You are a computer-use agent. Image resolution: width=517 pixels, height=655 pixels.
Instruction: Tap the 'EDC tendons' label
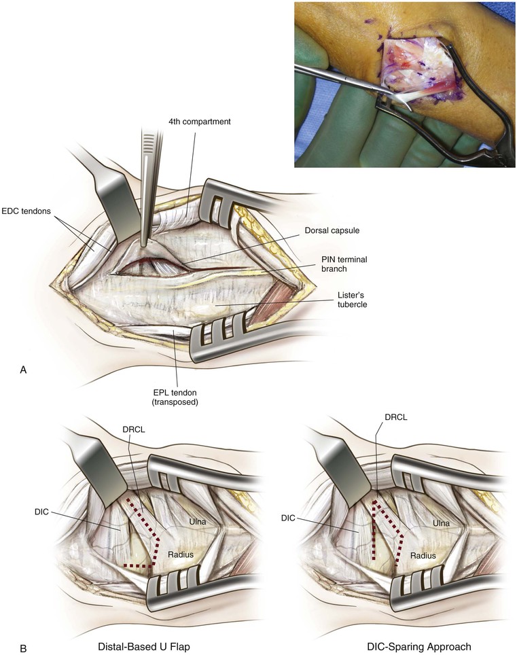26,211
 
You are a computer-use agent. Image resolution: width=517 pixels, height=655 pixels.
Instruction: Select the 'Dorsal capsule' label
332,230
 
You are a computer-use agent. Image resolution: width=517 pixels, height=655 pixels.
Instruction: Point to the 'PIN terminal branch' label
344,264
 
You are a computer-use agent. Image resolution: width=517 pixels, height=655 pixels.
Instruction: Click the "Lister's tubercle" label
353,300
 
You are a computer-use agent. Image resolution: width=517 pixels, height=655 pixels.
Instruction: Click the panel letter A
23,370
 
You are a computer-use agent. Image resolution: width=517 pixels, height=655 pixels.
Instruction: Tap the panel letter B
23,649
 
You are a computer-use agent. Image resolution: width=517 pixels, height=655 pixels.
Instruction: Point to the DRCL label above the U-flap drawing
134,429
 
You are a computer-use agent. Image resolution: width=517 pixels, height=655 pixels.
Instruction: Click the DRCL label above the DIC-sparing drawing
395,417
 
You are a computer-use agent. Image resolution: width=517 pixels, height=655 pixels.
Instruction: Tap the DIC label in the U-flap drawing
42,512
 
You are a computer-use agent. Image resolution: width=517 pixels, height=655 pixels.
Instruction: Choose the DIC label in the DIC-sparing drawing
288,518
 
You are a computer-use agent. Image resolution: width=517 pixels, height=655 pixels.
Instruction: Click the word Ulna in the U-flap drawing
197,522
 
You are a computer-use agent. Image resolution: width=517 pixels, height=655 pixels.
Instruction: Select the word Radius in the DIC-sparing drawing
423,556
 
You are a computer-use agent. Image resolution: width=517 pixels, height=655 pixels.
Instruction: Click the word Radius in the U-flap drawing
181,554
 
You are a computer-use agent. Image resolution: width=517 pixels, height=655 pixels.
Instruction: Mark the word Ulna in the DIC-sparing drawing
442,523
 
